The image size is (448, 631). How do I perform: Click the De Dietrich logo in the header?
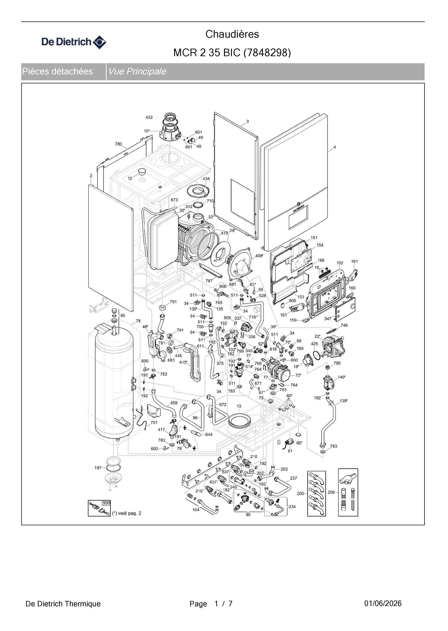(74, 42)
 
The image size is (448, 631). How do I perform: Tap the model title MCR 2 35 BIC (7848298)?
(232, 52)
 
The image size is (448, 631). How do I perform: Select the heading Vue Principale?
(137, 71)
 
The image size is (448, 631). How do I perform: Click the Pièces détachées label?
(57, 71)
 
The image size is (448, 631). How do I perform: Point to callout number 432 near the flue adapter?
(149, 117)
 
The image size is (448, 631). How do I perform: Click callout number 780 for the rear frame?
(118, 144)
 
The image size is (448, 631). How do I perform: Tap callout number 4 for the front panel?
(335, 147)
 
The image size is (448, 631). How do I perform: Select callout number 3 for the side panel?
(248, 121)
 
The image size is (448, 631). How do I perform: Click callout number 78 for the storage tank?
(138, 321)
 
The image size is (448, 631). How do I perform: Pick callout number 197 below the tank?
(98, 468)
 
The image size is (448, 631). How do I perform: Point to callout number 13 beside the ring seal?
(239, 406)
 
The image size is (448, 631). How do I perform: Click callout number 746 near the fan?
(344, 325)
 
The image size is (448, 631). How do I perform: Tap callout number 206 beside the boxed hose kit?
(331, 492)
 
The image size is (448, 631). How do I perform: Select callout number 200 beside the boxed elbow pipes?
(300, 493)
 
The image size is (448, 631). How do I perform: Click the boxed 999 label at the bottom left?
(106, 503)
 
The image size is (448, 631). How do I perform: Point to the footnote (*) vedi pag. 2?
(126, 513)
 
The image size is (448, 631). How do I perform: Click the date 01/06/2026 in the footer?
(383, 603)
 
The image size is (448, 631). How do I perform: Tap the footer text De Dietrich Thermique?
(63, 604)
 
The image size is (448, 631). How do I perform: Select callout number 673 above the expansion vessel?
(174, 200)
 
